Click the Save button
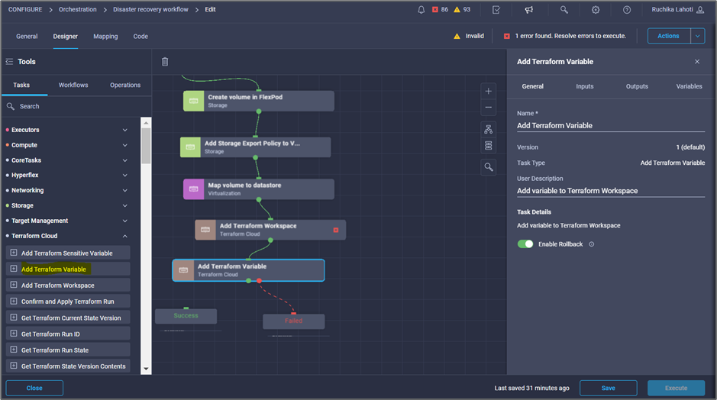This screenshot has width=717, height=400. pos(608,388)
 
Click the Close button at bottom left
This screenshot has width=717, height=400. pos(34,388)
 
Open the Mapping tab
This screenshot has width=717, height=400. pos(105,37)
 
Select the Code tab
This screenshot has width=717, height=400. pos(140,37)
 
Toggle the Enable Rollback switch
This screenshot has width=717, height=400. pos(525,244)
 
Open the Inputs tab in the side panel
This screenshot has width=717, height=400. pos(584,86)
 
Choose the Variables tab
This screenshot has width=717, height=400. pos(689,86)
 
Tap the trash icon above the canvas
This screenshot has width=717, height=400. pos(165,62)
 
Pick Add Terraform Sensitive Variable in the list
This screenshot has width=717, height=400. pos(68,253)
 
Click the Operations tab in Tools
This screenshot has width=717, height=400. pos(124,85)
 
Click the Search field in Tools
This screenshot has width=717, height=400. pos(76,106)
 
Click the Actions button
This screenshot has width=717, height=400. pos(668,36)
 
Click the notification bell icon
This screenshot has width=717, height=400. pos(421,10)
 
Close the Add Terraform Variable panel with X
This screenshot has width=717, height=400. pos(696,62)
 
